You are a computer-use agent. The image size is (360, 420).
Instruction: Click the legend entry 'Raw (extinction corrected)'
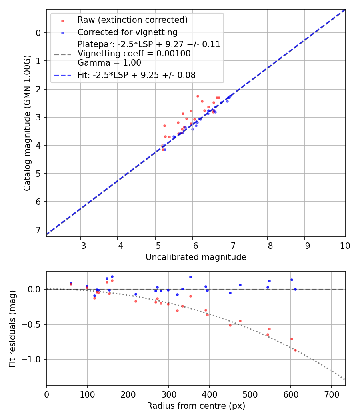tap(132, 20)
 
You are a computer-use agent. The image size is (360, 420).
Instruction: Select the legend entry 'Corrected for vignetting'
tap(127, 32)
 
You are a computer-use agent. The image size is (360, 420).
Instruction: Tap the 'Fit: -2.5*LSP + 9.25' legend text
tap(136, 75)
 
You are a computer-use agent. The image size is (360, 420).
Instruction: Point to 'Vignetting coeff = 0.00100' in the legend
tap(134, 54)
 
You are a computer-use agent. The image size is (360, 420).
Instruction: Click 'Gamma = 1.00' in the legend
tap(109, 63)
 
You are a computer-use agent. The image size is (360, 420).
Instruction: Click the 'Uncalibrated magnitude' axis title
tap(196, 257)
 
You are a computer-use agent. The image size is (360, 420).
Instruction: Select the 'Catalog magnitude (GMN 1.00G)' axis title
tap(27, 122)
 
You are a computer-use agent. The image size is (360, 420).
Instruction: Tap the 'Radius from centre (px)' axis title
tap(196, 406)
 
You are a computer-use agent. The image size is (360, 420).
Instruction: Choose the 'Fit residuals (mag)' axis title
tap(12, 328)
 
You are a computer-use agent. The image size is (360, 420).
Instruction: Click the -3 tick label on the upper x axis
tap(80, 245)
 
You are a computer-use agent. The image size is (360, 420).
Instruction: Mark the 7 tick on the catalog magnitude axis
tap(38, 230)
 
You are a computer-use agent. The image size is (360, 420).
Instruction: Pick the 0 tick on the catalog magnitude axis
tap(38, 33)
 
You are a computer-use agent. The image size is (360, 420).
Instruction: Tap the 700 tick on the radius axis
tap(331, 394)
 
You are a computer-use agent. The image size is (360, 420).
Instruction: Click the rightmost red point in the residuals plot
tap(295, 350)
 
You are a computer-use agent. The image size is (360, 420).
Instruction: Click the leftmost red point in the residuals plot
tap(71, 284)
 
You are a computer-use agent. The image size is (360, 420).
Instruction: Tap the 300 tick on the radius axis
tap(169, 394)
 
